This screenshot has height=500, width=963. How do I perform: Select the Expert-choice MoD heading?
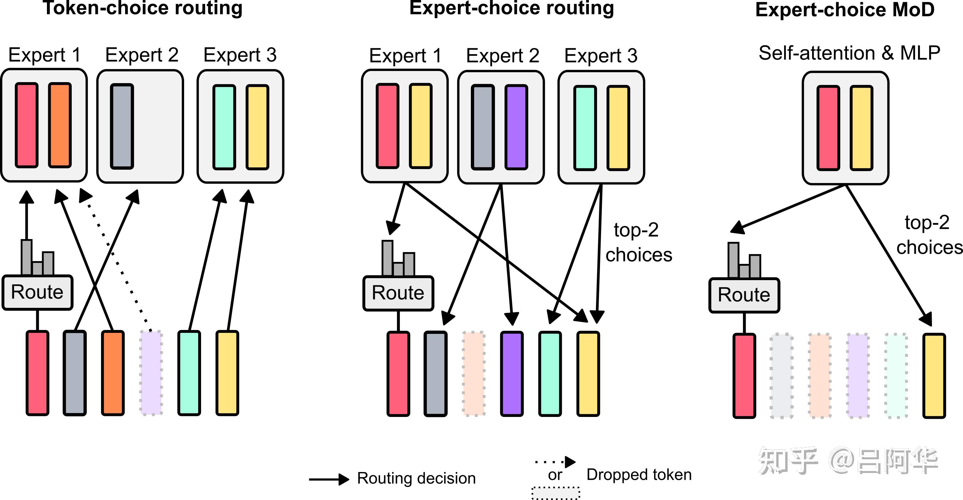pyautogui.click(x=844, y=10)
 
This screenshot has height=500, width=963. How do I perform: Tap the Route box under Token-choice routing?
pyautogui.click(x=37, y=292)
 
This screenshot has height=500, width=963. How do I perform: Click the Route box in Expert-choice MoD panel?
pyautogui.click(x=744, y=295)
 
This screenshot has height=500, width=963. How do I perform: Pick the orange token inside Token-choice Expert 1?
pyautogui.click(x=60, y=125)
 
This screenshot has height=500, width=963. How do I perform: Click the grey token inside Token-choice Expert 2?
pyautogui.click(x=122, y=126)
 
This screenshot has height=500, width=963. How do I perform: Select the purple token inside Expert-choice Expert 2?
pyautogui.click(x=516, y=127)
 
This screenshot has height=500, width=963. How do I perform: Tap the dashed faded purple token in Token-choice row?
pyautogui.click(x=151, y=373)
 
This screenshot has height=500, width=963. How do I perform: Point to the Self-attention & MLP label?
pyautogui.click(x=849, y=53)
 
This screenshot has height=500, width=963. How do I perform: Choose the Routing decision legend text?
pyautogui.click(x=416, y=478)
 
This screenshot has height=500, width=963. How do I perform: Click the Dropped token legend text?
pyautogui.click(x=639, y=475)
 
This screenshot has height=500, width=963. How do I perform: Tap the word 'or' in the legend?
pyautogui.click(x=555, y=475)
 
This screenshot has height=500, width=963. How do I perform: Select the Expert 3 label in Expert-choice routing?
pyautogui.click(x=601, y=56)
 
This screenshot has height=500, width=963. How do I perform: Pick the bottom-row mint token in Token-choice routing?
pyautogui.click(x=189, y=373)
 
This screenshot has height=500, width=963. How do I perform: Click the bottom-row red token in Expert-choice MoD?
pyautogui.click(x=744, y=376)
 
